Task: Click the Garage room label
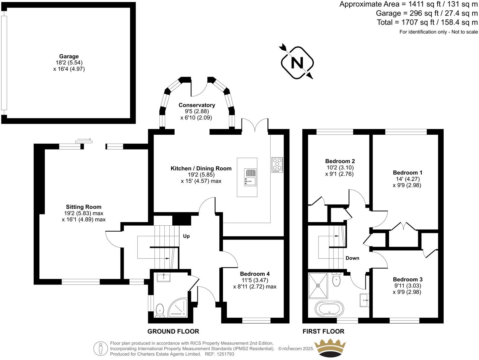coord(69,57)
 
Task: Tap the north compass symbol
coord(297,62)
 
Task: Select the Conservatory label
coord(196,105)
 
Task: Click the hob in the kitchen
coord(277,164)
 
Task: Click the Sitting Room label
coord(83,207)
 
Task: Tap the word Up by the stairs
coord(186,236)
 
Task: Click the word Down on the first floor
coord(352,258)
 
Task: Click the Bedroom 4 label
coord(255,274)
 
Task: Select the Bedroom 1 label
coord(407,173)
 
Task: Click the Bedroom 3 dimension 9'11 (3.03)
coord(407,286)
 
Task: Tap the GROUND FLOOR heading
coord(173,331)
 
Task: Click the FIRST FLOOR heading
coord(323,331)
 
